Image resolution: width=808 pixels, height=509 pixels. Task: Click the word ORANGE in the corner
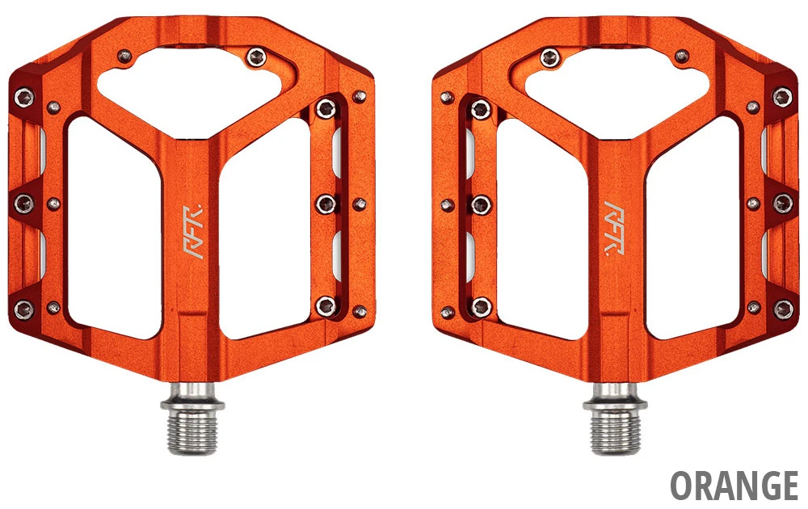point(734,485)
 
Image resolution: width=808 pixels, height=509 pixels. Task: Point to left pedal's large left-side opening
point(113,226)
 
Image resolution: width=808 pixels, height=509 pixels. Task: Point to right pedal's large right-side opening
point(692,226)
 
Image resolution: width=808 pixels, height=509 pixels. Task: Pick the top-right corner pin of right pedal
point(781,98)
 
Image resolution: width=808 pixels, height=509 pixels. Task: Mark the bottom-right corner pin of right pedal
point(782,308)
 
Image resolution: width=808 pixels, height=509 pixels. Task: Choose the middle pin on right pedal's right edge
point(782,203)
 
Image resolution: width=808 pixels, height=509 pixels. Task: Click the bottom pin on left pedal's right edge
point(326,305)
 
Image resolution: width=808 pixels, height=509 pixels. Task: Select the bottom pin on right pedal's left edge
point(481,305)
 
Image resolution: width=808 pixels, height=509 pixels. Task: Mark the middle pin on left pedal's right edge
point(326,202)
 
